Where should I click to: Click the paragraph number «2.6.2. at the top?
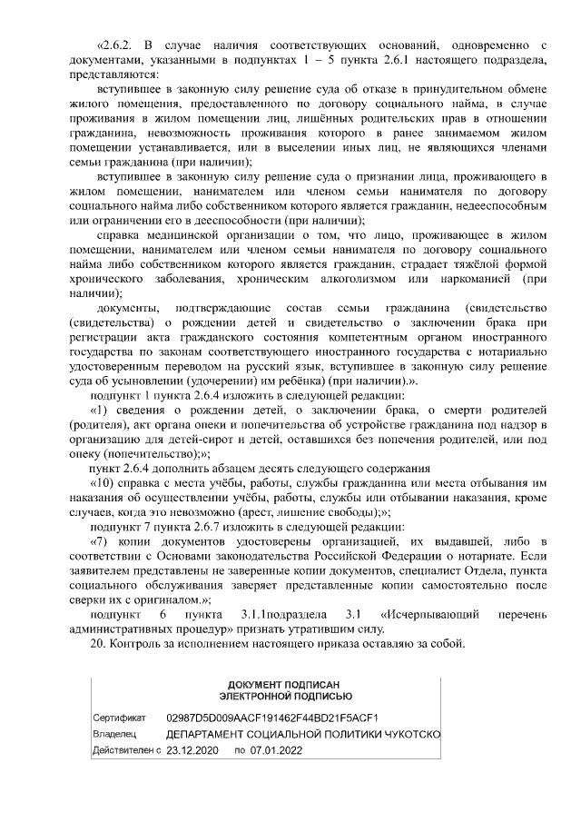115,44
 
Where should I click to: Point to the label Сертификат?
113,718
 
